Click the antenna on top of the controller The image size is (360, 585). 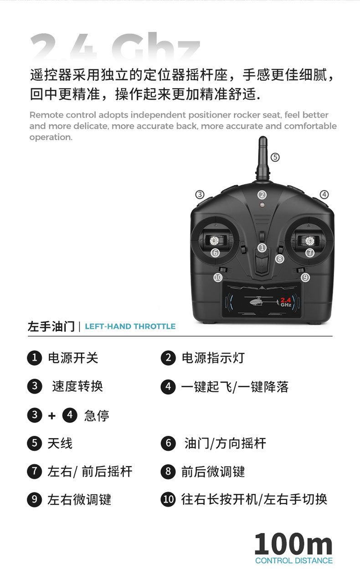262,157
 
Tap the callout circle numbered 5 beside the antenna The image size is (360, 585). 275,157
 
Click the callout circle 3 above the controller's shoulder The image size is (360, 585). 200,194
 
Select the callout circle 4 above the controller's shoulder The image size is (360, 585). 324,194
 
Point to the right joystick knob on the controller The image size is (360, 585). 310,240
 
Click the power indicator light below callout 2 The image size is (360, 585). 262,205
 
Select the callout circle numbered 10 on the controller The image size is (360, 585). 218,277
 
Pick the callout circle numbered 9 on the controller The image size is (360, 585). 305,277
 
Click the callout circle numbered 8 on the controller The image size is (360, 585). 280,259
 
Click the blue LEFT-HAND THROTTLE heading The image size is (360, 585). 130,326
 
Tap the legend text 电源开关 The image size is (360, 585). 73,358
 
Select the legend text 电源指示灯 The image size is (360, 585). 213,358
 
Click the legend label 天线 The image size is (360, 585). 60,443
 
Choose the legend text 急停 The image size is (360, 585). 97,415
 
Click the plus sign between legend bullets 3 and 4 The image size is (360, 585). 51,416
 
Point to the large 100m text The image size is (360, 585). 293,544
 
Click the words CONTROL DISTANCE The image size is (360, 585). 293,561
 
